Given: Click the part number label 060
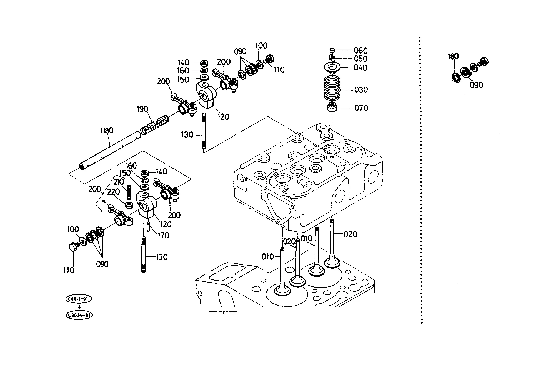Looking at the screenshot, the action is point(360,50).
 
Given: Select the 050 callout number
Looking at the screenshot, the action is point(360,59).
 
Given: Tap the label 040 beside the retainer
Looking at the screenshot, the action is point(360,68).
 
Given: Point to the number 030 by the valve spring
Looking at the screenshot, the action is point(361,90).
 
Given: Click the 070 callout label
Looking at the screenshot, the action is point(361,108).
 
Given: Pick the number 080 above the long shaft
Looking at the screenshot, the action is point(107,130).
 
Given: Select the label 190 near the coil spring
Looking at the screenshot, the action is point(142,109).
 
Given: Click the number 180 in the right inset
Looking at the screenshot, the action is point(453,56).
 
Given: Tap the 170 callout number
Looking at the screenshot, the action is point(163,235).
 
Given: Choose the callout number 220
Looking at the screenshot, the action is point(113,192).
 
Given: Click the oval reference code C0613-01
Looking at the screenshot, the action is point(79,299).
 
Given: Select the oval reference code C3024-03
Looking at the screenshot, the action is point(79,315).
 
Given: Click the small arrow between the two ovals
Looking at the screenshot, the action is point(79,307).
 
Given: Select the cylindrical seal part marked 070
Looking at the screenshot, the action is point(332,107).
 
